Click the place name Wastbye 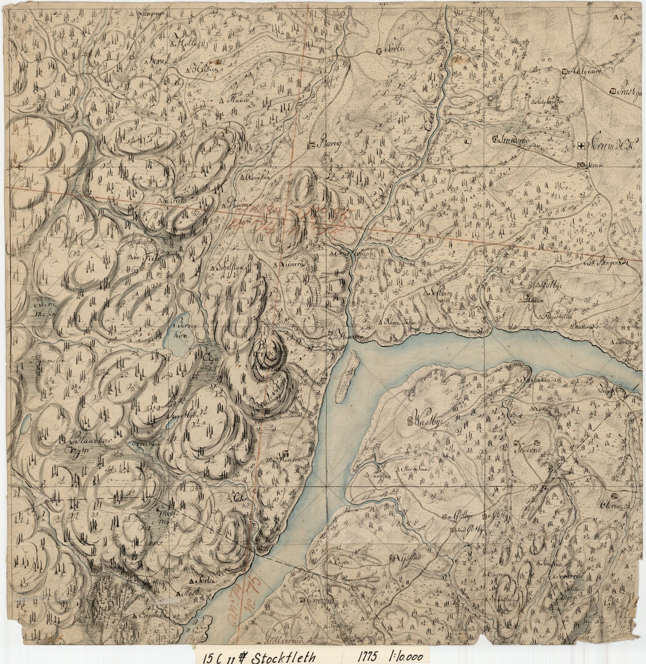coord(430,420)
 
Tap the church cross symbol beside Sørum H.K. coord(580,145)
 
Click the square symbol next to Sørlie coord(379,51)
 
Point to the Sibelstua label coord(230,268)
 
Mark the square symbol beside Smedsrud coord(494,139)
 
